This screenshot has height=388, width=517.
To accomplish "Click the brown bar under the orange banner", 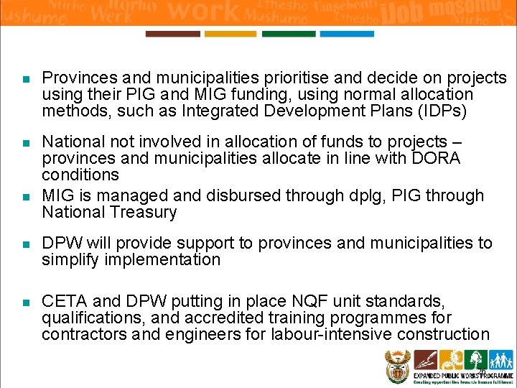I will [172, 34].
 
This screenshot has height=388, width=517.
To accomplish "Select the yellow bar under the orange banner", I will [230, 34].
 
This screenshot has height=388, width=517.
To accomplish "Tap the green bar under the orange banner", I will [288, 34].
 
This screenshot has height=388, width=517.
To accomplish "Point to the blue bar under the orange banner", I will [346, 34].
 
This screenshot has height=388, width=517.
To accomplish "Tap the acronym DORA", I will [436, 158].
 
